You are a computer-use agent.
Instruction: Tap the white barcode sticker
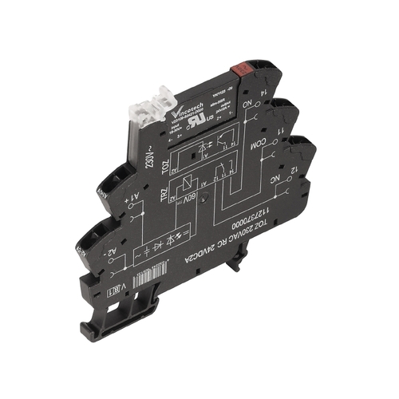156,278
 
